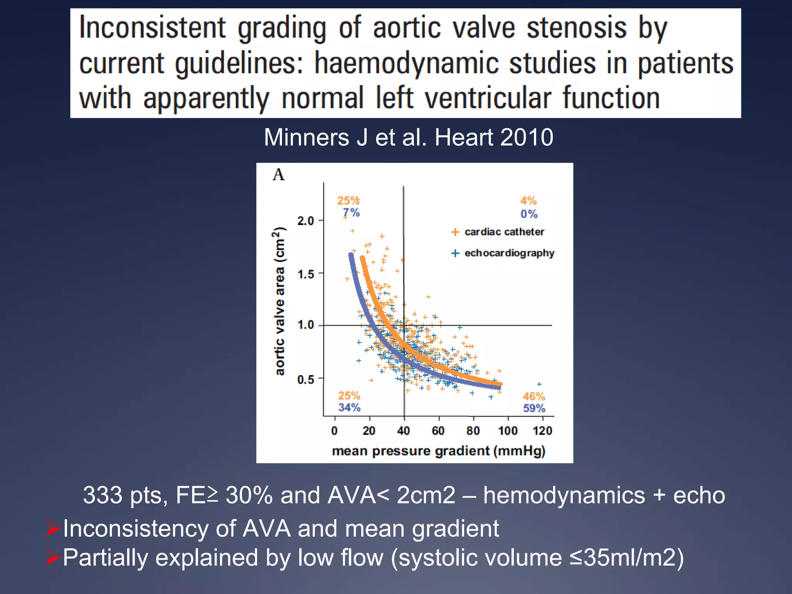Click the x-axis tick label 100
[507, 431]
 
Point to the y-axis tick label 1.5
[305, 275]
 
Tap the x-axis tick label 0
[335, 431]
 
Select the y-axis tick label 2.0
[305, 221]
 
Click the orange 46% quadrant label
[534, 396]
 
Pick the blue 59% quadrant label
[534, 408]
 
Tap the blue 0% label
[529, 214]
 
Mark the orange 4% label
[528, 201]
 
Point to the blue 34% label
[349, 408]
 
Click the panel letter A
[278, 175]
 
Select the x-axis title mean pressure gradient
[438, 451]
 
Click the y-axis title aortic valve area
[280, 301]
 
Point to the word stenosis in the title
[577, 28]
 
